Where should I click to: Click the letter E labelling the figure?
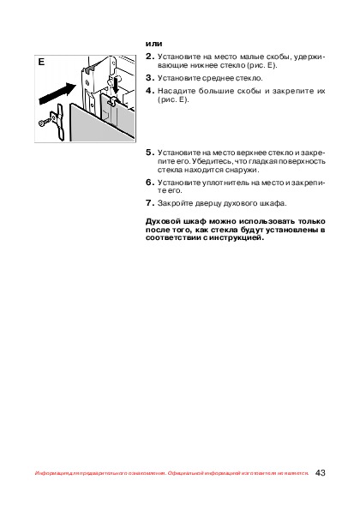click(x=41, y=62)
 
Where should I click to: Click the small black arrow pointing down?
click(x=117, y=86)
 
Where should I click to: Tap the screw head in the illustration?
click(x=42, y=123)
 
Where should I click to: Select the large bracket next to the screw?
click(x=59, y=122)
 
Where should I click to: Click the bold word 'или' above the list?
click(x=153, y=44)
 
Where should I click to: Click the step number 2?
click(x=149, y=57)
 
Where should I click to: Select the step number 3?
click(x=149, y=78)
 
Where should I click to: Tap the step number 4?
click(x=149, y=91)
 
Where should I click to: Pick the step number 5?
click(x=149, y=153)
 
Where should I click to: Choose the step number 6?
click(x=149, y=183)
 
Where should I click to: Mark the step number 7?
click(x=149, y=203)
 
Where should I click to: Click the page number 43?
click(x=320, y=473)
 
